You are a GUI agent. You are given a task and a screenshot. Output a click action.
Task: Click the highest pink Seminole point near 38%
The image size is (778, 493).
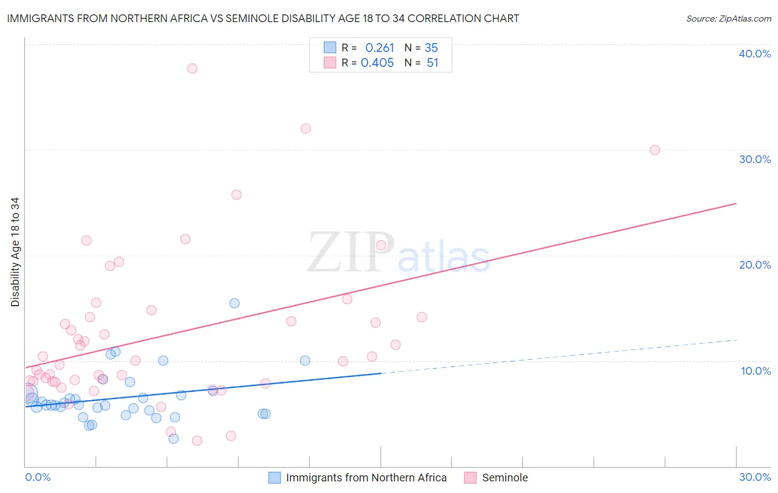coord(192,69)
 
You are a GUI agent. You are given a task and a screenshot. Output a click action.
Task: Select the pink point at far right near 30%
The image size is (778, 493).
coord(655,150)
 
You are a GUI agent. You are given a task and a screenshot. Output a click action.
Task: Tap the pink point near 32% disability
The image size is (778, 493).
coord(305,129)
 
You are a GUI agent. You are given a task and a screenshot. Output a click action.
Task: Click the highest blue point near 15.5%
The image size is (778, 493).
coord(235,303)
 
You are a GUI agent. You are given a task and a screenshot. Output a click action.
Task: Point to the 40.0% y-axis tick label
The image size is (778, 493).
coord(755,54)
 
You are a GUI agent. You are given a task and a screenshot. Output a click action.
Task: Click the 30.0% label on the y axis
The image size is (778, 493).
coord(755,159)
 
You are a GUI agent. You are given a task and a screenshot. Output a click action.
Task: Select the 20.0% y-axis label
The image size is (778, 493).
coord(755,265)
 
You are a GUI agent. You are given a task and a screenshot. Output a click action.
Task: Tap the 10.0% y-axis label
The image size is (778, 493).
coord(755,371)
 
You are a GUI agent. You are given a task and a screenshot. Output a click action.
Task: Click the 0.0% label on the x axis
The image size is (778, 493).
coord(38,477)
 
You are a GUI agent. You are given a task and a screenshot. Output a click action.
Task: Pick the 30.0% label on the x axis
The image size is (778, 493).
coord(755,477)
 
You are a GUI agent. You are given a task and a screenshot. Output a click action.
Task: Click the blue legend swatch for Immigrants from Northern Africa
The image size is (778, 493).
coord(274,478)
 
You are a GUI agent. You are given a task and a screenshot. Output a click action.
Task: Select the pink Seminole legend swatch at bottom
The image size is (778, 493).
coord(470,478)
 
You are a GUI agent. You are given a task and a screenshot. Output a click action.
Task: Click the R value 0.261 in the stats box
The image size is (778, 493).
coord(380,48)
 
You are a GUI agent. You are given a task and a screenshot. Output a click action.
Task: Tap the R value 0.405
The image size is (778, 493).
coord(377,63)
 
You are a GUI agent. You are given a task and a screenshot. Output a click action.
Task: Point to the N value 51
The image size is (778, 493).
coord(432,63)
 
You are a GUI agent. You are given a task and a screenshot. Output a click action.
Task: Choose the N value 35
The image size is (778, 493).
coord(431,48)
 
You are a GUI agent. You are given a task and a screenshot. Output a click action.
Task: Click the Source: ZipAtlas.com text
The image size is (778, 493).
coord(728,19)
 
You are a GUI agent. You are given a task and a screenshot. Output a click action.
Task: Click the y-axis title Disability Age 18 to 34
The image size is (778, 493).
coord(15,252)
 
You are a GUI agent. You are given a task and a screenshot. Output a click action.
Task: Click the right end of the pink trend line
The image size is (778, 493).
coord(736,203)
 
